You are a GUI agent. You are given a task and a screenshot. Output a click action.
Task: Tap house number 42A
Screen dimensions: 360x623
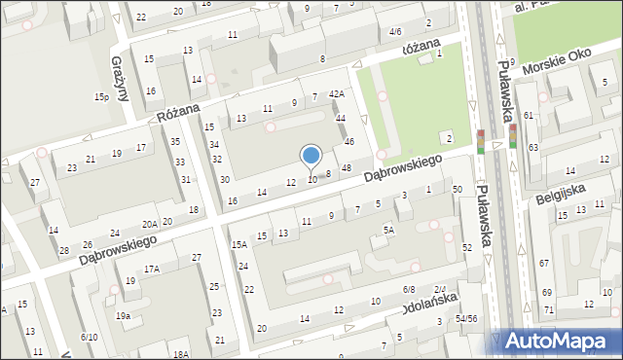point(337,93)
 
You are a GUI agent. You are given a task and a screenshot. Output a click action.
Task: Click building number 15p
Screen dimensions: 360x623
point(100,97)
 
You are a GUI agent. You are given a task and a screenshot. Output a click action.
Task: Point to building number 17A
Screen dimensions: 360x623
point(152,269)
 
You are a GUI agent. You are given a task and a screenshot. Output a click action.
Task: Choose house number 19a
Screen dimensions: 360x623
point(124,315)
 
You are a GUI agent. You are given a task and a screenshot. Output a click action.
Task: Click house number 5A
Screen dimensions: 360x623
point(388,231)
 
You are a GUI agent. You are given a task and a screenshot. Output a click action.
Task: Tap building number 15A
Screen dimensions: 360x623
point(239,243)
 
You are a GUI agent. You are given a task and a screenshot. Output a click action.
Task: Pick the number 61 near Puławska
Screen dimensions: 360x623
point(529,116)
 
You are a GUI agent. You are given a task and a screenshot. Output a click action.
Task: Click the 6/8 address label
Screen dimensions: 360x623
point(409,290)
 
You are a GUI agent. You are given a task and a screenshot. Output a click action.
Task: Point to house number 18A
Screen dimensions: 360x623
point(180,354)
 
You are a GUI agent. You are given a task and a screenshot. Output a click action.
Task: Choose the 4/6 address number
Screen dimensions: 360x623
point(395,32)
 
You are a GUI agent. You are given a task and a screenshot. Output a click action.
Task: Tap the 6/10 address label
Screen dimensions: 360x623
point(89,337)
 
